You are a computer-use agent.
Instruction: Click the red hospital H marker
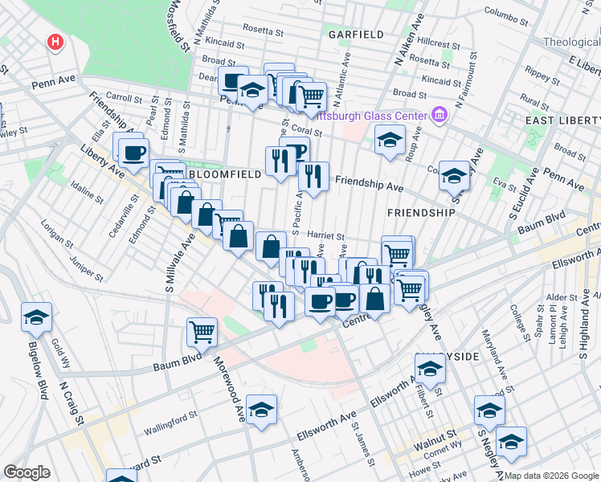coord(55,42)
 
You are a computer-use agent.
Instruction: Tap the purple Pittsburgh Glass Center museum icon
coord(438,116)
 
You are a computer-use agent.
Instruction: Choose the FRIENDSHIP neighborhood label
coord(421,213)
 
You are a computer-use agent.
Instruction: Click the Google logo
coord(27,472)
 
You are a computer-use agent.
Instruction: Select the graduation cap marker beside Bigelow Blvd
coord(36,317)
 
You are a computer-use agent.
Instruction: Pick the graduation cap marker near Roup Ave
coord(390,140)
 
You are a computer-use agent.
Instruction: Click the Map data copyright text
coord(550,476)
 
